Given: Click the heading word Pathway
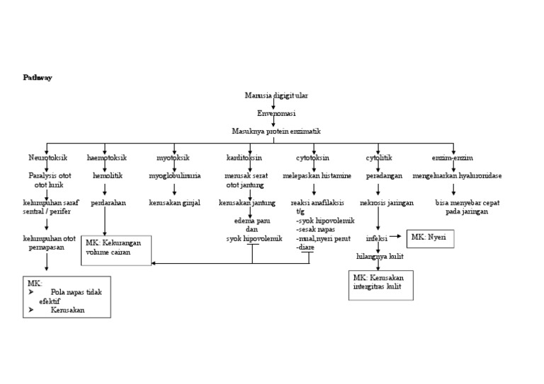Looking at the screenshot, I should click(x=38, y=78).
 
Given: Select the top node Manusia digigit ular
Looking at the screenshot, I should click(x=276, y=95).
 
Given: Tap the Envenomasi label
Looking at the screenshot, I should click(x=276, y=113).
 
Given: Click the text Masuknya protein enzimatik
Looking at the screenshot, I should click(x=276, y=131).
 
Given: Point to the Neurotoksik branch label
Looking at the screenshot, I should click(x=47, y=158).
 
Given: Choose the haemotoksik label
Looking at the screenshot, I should click(x=107, y=158).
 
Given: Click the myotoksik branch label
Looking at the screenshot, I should click(x=173, y=158).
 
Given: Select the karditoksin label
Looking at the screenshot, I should click(x=244, y=158).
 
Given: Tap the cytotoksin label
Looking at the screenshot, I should click(x=312, y=158).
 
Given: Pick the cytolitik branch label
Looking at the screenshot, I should click(x=379, y=158).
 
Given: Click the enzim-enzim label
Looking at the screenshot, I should click(x=453, y=158).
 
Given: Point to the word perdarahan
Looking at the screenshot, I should click(x=108, y=203).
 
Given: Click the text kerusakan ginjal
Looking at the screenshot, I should click(x=174, y=203).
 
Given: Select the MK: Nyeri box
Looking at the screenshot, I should click(x=430, y=238).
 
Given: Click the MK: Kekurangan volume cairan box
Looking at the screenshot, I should click(x=116, y=250).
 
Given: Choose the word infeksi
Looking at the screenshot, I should click(x=377, y=239).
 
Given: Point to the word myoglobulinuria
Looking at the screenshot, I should click(x=174, y=175).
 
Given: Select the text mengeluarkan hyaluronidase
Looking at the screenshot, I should click(x=467, y=175).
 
